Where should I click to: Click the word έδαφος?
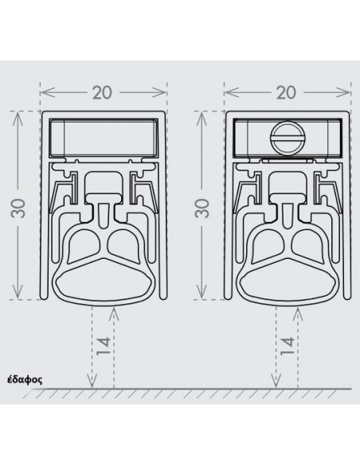[x=25, y=380]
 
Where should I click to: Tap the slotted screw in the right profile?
[x=287, y=139]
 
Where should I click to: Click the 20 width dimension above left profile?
[x=103, y=92]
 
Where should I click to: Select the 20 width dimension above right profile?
[x=287, y=92]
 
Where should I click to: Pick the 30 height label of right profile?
[x=203, y=209]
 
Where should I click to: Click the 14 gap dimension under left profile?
[x=104, y=346]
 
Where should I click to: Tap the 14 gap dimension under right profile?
[x=288, y=346]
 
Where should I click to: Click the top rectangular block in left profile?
[x=104, y=138]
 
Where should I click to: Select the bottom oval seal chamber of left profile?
[x=104, y=281]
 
